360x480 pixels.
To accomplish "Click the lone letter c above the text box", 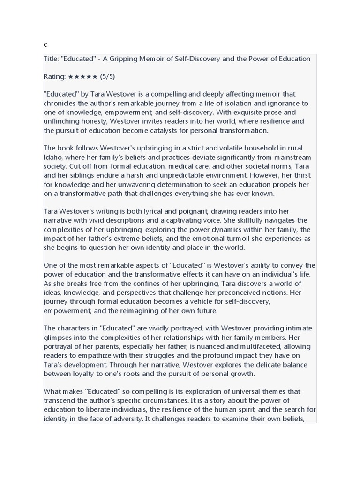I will pos(45,45).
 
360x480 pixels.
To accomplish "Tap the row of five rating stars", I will pos(82,76).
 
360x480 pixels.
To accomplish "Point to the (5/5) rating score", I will pos(107,76).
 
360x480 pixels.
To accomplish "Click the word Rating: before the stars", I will pos(55,76).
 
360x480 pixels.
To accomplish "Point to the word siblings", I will pos(85,175).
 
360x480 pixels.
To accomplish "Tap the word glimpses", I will pos(59,337).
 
